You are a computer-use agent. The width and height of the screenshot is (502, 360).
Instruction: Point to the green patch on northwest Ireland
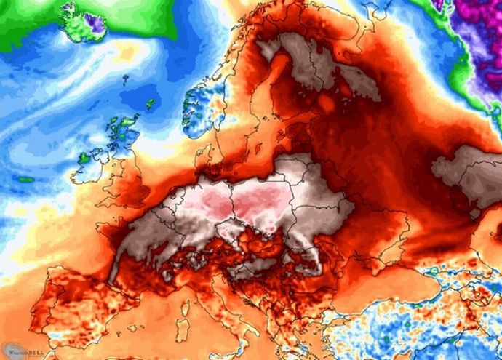coord(85,156)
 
